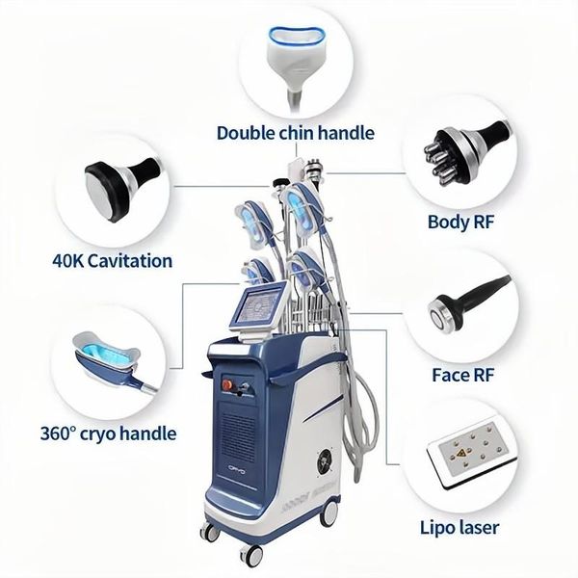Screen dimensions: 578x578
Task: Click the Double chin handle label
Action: [x=295, y=133]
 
